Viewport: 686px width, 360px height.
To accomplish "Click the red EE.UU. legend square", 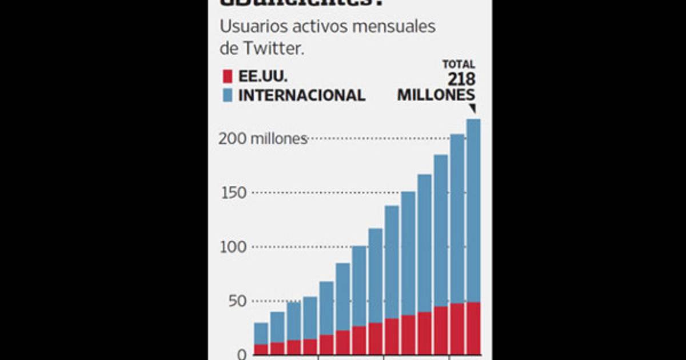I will click(226, 76).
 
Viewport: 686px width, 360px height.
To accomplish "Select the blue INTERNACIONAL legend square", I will click(226, 94).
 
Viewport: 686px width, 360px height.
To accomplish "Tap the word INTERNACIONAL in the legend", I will click(301, 95).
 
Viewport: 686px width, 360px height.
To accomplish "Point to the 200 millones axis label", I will click(263, 139).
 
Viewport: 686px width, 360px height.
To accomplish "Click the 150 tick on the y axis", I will click(234, 193).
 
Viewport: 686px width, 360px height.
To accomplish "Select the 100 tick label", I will click(234, 247).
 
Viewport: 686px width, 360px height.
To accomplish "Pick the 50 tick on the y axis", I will click(237, 301).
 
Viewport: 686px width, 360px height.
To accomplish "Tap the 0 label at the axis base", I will click(241, 354).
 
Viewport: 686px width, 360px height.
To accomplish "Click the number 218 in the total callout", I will click(462, 79).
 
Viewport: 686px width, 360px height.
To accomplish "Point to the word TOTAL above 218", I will click(458, 65).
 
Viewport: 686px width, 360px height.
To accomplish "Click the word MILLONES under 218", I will click(436, 95).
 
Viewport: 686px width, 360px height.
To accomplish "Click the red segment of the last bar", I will click(473, 328).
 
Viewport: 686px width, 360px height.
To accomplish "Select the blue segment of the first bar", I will click(261, 333).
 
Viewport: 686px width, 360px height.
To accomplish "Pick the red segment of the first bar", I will click(261, 349).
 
